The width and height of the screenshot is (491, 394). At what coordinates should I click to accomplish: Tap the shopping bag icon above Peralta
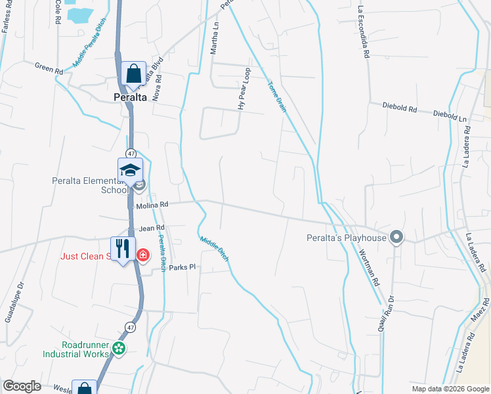point(133,74)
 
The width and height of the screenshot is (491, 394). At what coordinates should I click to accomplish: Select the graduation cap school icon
point(131,170)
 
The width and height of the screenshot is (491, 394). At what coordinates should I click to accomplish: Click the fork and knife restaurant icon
point(123,249)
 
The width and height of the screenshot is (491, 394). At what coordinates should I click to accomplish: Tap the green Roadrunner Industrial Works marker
point(118,349)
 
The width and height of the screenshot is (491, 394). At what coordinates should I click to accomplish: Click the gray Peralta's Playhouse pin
point(396,237)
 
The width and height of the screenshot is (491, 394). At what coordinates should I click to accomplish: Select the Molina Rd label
point(153,206)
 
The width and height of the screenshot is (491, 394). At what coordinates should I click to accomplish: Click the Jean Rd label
point(152,229)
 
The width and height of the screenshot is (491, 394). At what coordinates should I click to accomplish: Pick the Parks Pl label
point(182,267)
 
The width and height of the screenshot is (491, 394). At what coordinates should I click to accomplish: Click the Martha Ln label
point(215,39)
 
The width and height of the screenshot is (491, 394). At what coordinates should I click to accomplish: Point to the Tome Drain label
point(277,97)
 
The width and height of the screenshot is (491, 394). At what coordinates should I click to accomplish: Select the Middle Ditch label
point(214,249)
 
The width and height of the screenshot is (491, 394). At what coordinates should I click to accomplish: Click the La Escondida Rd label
point(361,33)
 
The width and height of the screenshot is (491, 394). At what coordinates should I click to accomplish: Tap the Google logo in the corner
point(22,386)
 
